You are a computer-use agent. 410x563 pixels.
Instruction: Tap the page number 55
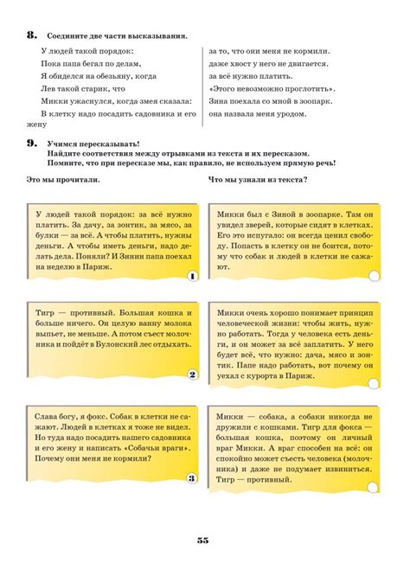pos(203,540)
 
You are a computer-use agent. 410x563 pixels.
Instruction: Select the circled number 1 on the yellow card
pos(192,276)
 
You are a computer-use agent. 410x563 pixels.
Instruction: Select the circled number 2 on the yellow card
pos(192,375)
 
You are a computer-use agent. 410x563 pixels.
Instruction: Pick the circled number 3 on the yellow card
pos(192,477)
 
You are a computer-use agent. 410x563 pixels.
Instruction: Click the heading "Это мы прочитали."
pos(62,179)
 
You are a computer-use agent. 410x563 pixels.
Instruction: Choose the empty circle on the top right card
pos(374,276)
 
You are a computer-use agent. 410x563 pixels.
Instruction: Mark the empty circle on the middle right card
pos(374,375)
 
